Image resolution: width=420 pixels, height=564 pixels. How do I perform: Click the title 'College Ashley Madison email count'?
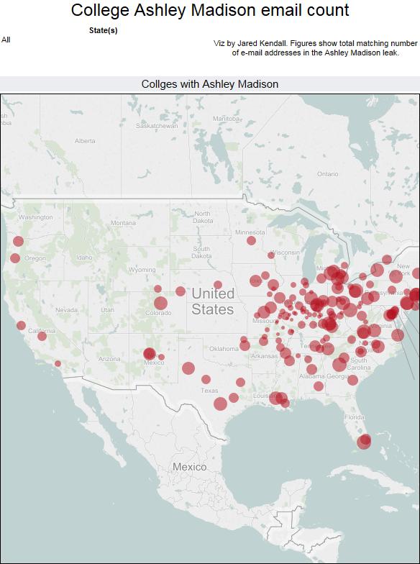210,10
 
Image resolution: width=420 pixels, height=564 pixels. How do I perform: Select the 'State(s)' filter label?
103,30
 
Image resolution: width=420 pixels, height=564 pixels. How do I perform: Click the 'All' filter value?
6,40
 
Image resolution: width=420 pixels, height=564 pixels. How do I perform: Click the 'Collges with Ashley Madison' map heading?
210,84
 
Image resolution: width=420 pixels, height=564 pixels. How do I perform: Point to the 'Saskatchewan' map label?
157,125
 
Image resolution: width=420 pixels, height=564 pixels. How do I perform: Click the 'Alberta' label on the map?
85,141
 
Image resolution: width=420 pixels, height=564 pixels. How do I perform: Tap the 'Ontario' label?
327,173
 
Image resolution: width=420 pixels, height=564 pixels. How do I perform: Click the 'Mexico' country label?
189,467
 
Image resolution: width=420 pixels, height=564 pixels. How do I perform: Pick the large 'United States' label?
213,301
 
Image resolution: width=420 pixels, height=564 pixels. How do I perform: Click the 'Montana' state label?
123,223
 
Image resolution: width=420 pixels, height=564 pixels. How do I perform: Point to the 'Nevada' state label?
66,310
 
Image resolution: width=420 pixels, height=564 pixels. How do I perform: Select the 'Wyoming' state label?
142,270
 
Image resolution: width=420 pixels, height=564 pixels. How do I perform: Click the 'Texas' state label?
209,391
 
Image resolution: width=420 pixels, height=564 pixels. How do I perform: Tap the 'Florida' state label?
354,417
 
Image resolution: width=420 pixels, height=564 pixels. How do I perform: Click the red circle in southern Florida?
365,440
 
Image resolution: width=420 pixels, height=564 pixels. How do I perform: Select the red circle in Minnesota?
251,241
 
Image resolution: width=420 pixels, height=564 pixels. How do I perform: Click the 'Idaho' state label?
85,258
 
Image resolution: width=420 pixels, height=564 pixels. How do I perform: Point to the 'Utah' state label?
107,310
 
